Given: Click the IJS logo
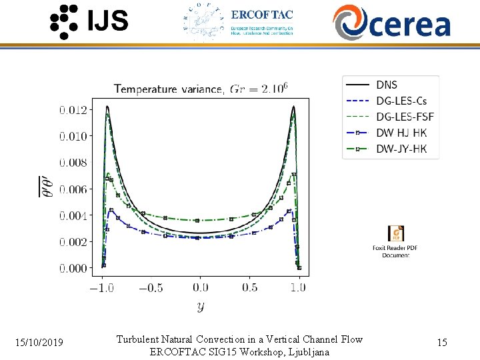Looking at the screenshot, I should tap(89, 21).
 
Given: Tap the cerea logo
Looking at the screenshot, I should tap(391, 22).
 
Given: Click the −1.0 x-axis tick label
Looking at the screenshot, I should tap(101, 287).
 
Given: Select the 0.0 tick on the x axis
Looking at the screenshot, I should tap(200, 287).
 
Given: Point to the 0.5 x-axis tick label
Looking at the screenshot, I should tap(249, 287).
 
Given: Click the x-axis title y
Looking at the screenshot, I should tap(200, 307).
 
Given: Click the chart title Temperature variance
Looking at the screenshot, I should tap(170, 89).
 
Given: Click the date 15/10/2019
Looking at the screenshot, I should tap(40, 343).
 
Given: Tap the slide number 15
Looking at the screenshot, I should tap(441, 343).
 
